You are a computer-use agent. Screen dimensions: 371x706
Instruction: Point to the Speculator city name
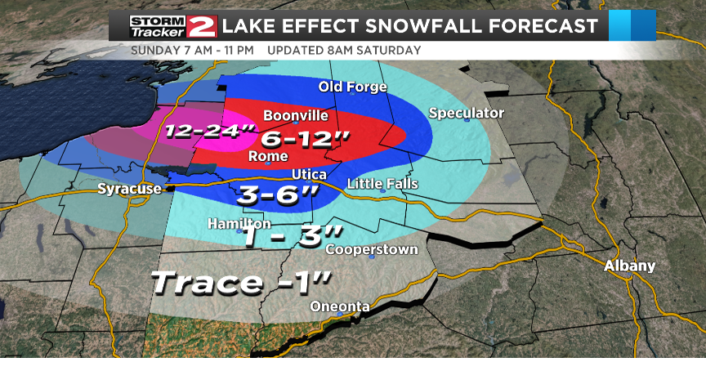point(467,113)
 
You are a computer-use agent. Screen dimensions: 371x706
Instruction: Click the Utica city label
point(310,175)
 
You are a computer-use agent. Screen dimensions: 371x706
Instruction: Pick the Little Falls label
point(382,184)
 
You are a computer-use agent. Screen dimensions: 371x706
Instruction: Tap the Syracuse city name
point(129,189)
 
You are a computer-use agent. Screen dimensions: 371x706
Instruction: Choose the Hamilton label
point(239,223)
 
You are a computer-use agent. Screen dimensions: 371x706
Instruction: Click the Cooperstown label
point(372,249)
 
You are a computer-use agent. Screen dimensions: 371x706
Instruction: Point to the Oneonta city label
point(340,306)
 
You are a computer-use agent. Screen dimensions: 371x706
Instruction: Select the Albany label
point(629,266)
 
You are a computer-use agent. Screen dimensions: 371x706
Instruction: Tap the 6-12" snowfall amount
point(300,136)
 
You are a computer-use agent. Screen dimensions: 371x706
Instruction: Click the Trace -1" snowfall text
point(242,283)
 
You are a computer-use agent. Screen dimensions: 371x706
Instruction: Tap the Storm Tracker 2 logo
point(173,25)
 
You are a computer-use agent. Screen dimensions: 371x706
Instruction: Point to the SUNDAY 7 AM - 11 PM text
point(194,50)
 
